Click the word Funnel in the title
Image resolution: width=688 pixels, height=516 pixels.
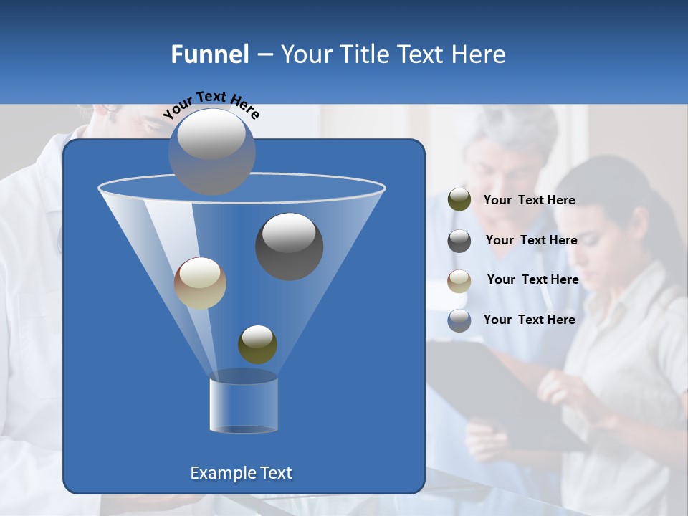click(210, 54)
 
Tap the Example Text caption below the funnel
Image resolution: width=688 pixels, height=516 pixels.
click(242, 473)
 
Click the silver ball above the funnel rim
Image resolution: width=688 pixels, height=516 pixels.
click(211, 151)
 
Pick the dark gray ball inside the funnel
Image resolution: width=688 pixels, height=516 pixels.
click(289, 246)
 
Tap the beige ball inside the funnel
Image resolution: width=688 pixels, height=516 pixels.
click(200, 283)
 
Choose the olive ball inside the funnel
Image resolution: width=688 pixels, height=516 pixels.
click(257, 344)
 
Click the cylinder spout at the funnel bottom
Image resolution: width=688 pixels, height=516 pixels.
click(244, 405)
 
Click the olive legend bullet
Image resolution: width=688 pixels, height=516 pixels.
click(459, 200)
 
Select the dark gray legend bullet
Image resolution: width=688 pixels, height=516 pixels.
click(459, 241)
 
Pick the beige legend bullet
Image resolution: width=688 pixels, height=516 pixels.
click(459, 281)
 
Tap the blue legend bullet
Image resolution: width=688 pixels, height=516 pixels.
click(459, 320)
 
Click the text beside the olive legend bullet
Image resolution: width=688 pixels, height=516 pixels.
click(530, 201)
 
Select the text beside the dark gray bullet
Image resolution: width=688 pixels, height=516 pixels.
click(531, 241)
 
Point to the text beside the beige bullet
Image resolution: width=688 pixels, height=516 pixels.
click(532, 280)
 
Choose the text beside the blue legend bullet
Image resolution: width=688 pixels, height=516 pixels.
click(530, 320)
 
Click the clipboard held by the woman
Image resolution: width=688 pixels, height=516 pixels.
click(494, 387)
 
